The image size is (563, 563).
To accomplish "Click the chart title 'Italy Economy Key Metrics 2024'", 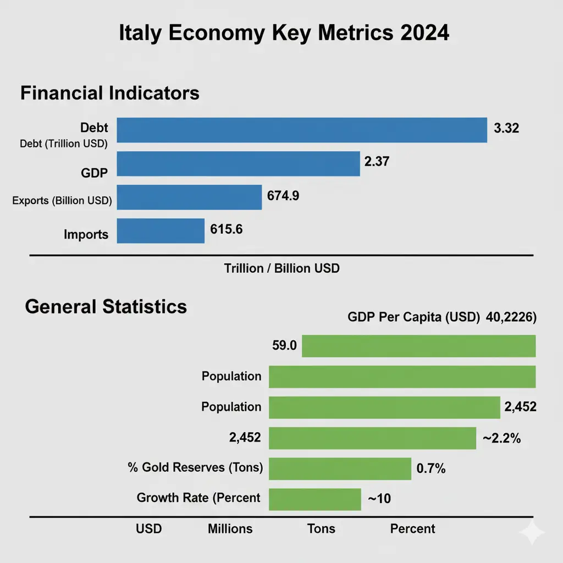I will (284, 33).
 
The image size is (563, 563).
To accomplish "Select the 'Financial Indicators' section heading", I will (109, 93).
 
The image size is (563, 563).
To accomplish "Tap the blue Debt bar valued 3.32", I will (302, 130).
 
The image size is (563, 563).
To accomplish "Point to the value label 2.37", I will (377, 162).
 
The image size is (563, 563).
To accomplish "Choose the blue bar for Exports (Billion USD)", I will (189, 197).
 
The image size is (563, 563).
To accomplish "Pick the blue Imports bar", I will (161, 231).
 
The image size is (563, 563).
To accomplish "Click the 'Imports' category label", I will (86, 235).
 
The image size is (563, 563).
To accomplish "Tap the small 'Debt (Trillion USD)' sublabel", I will (64, 143).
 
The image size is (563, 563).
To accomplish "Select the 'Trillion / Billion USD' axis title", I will (281, 269).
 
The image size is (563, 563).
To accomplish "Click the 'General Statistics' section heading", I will (106, 306).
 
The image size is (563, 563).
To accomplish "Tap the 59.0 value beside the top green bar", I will (284, 346).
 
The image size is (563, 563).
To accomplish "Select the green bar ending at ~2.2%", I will (372, 438).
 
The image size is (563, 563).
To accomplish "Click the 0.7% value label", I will (430, 468).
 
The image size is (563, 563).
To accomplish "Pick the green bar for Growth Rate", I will (314, 499).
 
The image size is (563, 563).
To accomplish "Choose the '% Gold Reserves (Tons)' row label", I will (194, 467).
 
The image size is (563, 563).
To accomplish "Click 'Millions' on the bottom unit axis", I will (230, 529).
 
